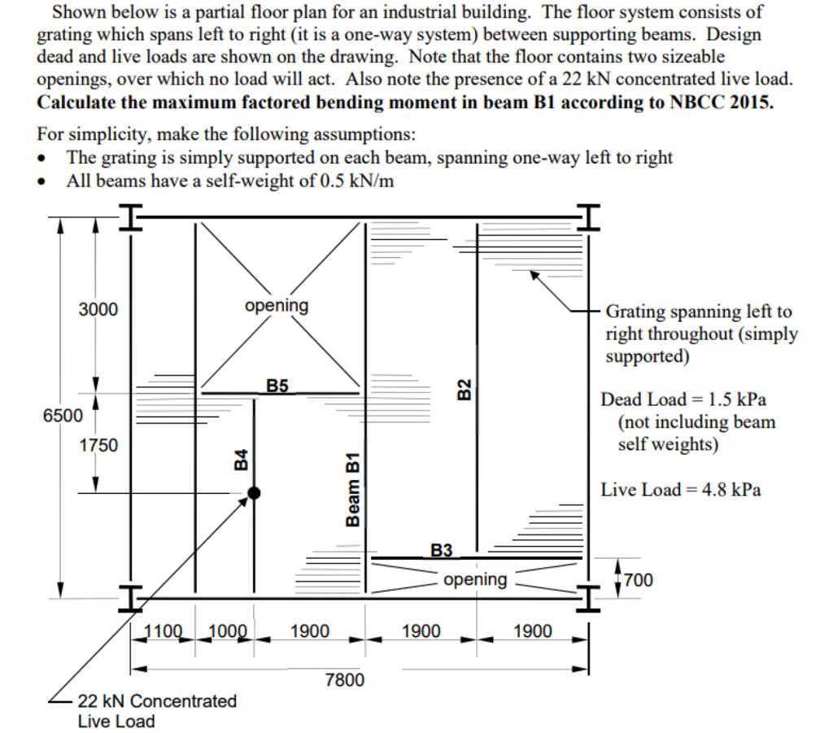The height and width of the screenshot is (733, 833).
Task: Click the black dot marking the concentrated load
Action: pos(255,492)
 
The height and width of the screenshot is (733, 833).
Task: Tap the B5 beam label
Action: pos(277,385)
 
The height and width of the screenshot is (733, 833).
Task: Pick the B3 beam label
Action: pos(441,550)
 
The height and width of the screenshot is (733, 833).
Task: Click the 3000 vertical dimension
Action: pos(98,309)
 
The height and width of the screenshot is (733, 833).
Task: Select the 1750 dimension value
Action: pos(98,445)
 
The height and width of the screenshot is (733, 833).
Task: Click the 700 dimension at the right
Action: pos(639,580)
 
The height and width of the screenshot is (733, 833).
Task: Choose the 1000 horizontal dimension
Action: pos(228,630)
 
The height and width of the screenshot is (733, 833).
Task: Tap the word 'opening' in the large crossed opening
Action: pos(277,305)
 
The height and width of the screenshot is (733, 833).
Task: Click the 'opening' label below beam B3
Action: pos(476,579)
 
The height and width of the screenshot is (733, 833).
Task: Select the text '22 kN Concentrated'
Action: pos(157,701)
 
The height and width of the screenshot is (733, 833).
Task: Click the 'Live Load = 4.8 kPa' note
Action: pos(681,490)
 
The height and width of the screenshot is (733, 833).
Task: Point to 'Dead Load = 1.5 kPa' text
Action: pos(683,399)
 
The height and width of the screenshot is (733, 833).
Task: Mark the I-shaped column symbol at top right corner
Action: pos(590,217)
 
